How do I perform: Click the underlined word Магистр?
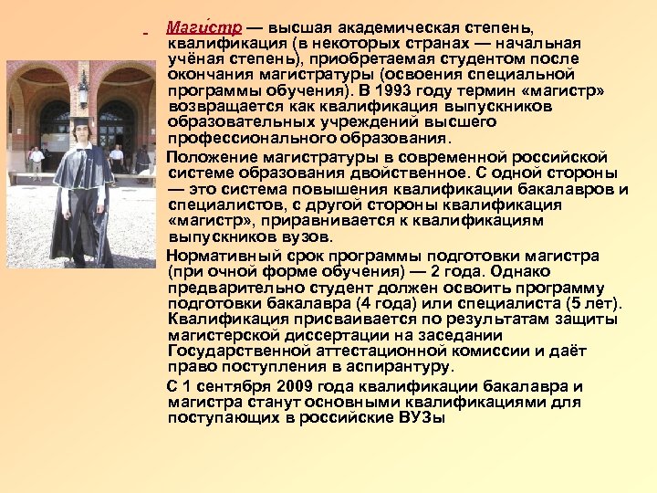coord(203,27)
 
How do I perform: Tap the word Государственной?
coord(246,351)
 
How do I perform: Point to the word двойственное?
coord(420,173)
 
